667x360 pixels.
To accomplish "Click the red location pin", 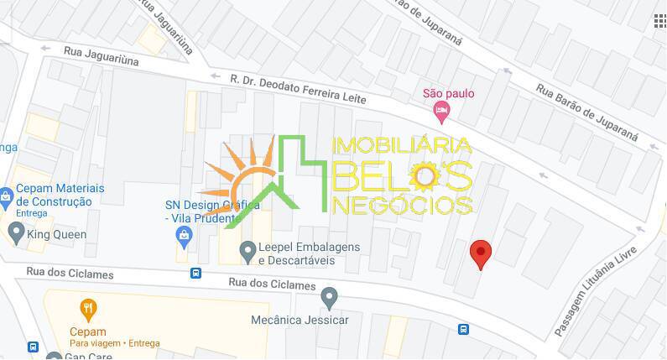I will pyautogui.click(x=480, y=253).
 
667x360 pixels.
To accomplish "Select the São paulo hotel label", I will pyautogui.click(x=448, y=93).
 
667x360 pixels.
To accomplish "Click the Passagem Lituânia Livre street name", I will pyautogui.click(x=596, y=290).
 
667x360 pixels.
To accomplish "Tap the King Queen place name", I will pyautogui.click(x=57, y=235).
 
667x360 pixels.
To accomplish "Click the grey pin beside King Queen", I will pyautogui.click(x=16, y=231).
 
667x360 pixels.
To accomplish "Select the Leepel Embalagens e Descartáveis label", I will pyautogui.click(x=308, y=253).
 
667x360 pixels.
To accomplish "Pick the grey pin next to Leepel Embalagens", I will pyautogui.click(x=248, y=249).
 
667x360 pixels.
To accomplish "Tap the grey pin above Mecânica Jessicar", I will pyautogui.click(x=330, y=296).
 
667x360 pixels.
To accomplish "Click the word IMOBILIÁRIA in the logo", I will pyautogui.click(x=402, y=146).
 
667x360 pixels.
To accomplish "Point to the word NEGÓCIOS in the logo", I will pyautogui.click(x=403, y=203).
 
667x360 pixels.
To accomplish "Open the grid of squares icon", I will pyautogui.click(x=659, y=21).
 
